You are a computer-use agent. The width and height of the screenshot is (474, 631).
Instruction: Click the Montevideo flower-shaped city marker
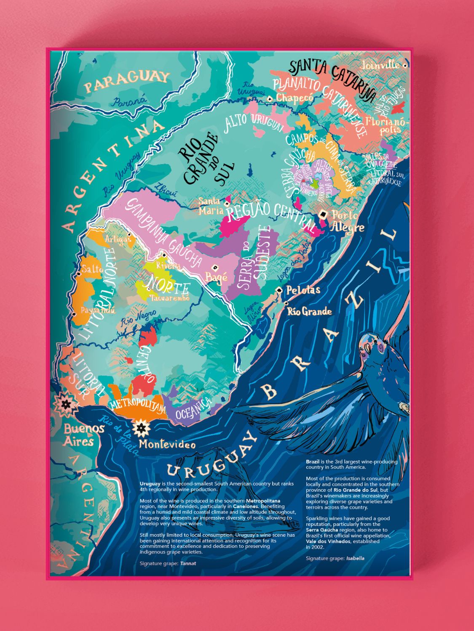pos(141,428)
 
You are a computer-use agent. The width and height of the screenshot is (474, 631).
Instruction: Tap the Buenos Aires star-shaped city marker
pos(66,404)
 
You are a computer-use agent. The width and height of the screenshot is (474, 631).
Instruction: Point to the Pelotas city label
pos(303,290)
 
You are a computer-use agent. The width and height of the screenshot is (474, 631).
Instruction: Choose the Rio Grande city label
pos(309,312)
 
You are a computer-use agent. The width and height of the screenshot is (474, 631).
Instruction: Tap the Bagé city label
pos(217,277)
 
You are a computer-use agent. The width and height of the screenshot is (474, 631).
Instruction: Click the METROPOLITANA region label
pos(138,405)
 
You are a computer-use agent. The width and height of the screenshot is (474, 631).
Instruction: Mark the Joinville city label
pos(380,66)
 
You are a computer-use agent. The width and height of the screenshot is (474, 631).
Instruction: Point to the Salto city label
pos(93,269)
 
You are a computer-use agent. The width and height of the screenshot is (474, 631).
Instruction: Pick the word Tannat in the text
pos(188,563)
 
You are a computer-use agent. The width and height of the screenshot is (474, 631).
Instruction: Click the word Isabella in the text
pos(355,558)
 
